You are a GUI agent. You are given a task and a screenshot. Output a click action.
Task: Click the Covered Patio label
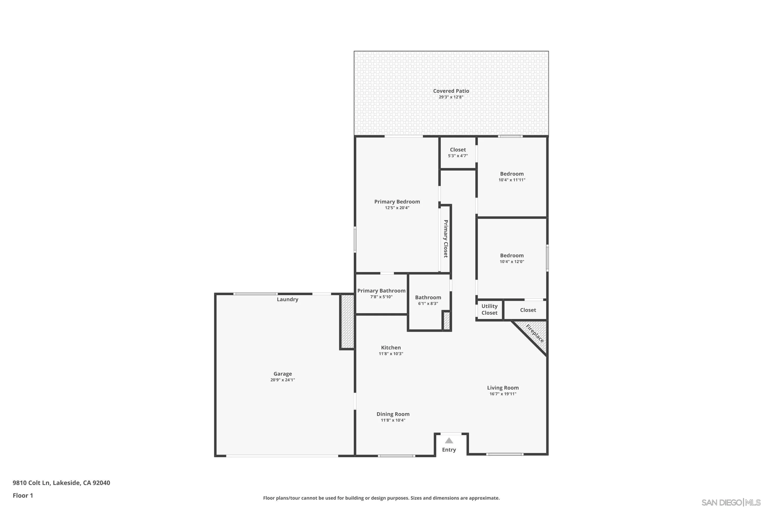pyautogui.click(x=451, y=91)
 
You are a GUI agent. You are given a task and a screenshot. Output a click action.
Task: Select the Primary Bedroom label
pyautogui.click(x=397, y=201)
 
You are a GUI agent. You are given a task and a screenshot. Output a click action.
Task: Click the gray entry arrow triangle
pyautogui.click(x=449, y=441)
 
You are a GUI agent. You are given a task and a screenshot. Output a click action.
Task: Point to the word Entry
pyautogui.click(x=449, y=450)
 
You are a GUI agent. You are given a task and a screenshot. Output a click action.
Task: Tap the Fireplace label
pyautogui.click(x=534, y=333)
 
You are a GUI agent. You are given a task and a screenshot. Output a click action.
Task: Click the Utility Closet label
pyautogui.click(x=489, y=309)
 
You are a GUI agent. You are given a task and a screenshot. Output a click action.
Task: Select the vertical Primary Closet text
pyautogui.click(x=446, y=239)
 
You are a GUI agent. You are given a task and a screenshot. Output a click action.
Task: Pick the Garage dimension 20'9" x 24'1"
pyautogui.click(x=283, y=380)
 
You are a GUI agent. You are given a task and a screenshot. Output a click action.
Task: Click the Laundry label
pyautogui.click(x=287, y=299)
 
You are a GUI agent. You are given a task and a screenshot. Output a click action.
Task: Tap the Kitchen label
pyautogui.click(x=391, y=348)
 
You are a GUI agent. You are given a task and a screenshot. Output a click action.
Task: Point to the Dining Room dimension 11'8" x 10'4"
pyautogui.click(x=393, y=420)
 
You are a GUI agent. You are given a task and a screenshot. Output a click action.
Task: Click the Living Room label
pyautogui.click(x=503, y=388)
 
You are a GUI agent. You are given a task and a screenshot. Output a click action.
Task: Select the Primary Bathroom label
pyautogui.click(x=381, y=291)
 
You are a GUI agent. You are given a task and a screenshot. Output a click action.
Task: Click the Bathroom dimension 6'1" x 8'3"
pyautogui.click(x=428, y=304)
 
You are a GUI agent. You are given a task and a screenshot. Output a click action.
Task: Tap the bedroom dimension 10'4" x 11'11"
pyautogui.click(x=511, y=180)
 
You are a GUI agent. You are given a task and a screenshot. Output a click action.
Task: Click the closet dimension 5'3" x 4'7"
pyautogui.click(x=458, y=156)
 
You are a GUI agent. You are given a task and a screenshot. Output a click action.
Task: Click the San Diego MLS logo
pyautogui.click(x=731, y=502)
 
